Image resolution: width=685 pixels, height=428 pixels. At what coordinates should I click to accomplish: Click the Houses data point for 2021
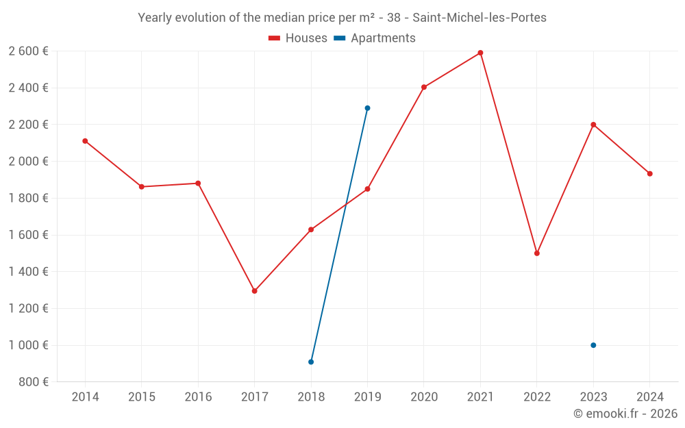[x=480, y=53]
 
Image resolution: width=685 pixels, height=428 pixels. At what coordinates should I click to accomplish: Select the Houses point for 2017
[x=254, y=291]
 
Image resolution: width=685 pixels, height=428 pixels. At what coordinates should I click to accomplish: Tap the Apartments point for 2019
[x=367, y=108]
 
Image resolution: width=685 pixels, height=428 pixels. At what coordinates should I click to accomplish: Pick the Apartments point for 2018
[x=311, y=362]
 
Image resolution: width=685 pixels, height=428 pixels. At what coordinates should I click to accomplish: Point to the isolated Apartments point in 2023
[x=593, y=345]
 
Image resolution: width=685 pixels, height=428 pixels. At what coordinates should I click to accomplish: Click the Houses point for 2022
[x=537, y=253]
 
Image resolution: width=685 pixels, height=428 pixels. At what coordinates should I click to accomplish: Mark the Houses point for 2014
[x=85, y=141]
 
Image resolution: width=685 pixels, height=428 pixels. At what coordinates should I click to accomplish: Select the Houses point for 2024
[x=649, y=174]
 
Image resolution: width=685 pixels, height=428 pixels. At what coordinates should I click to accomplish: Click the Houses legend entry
[x=298, y=38]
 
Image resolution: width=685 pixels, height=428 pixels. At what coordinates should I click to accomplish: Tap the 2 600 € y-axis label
[x=28, y=51]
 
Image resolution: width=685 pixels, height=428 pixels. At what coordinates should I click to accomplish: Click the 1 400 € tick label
[x=28, y=272]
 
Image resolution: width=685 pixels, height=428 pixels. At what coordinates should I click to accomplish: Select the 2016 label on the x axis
[x=198, y=397]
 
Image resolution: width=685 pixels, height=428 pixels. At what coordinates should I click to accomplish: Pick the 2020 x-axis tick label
[x=424, y=397]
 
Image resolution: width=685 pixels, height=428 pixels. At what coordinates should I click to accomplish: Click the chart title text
[x=342, y=18]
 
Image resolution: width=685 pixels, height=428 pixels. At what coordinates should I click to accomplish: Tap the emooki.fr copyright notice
[x=625, y=414]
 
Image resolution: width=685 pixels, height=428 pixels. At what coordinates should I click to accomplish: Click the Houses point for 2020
[x=424, y=87]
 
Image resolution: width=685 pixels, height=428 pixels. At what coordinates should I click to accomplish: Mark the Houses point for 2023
[x=593, y=125]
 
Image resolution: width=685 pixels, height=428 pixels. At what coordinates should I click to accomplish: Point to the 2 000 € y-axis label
[x=28, y=162]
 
